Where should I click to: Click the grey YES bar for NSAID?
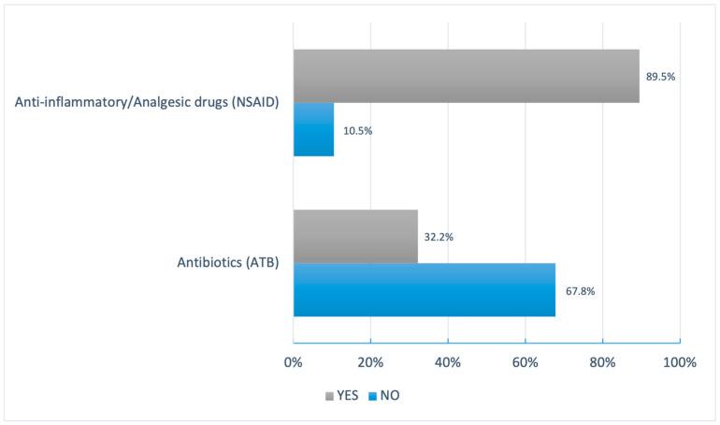point(466,76)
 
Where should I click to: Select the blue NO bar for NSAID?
point(313,129)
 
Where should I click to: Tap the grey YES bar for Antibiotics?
point(355,236)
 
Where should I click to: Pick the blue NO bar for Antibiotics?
point(424,290)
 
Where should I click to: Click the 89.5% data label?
point(660,77)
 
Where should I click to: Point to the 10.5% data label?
point(357,130)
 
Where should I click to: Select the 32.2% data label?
point(439,237)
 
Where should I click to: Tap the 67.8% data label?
point(580,291)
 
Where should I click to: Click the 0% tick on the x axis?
point(294,362)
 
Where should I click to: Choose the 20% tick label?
point(370,362)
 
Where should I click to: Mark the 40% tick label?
point(448,362)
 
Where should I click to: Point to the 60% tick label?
point(526,362)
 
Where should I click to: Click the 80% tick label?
point(603,362)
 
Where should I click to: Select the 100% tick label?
point(679,362)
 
